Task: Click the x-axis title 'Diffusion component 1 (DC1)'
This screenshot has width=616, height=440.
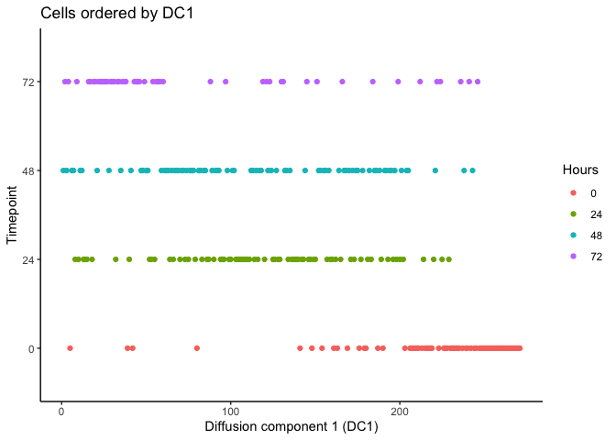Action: (x=291, y=427)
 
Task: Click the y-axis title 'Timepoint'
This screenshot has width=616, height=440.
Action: (x=12, y=214)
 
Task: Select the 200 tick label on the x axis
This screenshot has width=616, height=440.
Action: (x=400, y=411)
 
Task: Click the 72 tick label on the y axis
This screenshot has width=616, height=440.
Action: (x=28, y=82)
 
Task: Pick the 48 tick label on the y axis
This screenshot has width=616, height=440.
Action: (x=28, y=170)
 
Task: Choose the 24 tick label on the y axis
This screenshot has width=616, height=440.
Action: (x=28, y=259)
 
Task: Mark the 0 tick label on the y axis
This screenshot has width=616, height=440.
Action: (x=31, y=348)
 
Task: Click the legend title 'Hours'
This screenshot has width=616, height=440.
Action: (x=581, y=170)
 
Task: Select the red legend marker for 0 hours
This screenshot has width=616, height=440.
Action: (x=573, y=192)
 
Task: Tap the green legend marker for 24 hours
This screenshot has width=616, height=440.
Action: (x=573, y=214)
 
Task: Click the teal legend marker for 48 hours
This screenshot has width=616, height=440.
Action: (x=573, y=235)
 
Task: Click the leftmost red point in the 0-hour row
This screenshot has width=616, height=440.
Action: (x=70, y=348)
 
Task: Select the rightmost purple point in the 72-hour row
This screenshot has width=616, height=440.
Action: (x=478, y=82)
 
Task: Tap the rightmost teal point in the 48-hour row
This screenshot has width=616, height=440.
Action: (x=473, y=170)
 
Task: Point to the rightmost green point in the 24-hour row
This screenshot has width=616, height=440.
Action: (x=449, y=259)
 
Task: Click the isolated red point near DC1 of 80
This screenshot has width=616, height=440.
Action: (x=197, y=348)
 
